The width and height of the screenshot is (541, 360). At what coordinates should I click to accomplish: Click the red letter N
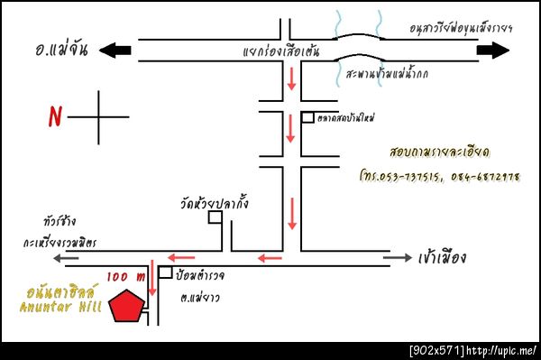point(55,116)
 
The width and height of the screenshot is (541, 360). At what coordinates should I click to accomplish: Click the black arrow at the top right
point(493,51)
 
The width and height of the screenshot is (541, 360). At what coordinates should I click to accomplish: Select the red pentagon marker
point(126,305)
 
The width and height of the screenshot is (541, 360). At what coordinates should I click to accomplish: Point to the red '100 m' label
point(125,275)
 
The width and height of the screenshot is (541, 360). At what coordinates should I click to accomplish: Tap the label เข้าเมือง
point(443,258)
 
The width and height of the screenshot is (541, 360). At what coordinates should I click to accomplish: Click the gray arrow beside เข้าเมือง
point(398,258)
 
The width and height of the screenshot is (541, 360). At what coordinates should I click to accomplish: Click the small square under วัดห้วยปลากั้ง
point(215,217)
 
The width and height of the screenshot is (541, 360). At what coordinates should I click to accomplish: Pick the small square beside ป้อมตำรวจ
point(165,271)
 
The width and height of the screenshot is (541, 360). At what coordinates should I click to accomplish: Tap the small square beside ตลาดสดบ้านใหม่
point(308,117)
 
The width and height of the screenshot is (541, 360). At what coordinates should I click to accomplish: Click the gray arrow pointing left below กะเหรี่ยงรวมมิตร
point(69,258)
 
